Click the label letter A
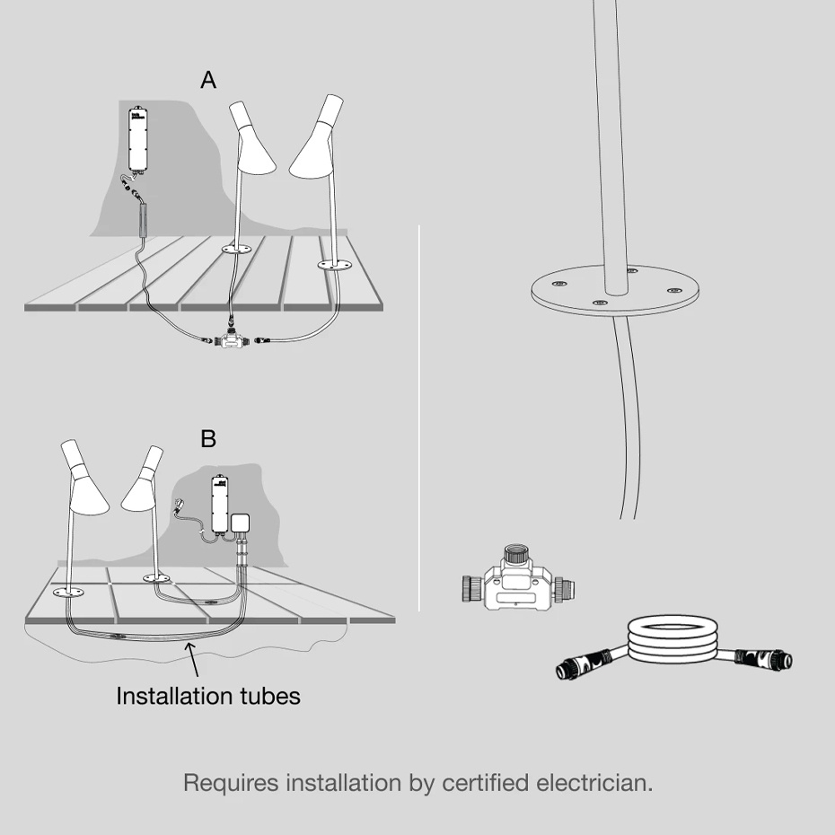pyautogui.click(x=208, y=81)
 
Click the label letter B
pyautogui.click(x=208, y=439)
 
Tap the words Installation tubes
pyautogui.click(x=208, y=696)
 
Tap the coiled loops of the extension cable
pyautogui.click(x=672, y=640)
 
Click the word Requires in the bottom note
pyautogui.click(x=231, y=782)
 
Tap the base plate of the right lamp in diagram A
pyautogui.click(x=338, y=264)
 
